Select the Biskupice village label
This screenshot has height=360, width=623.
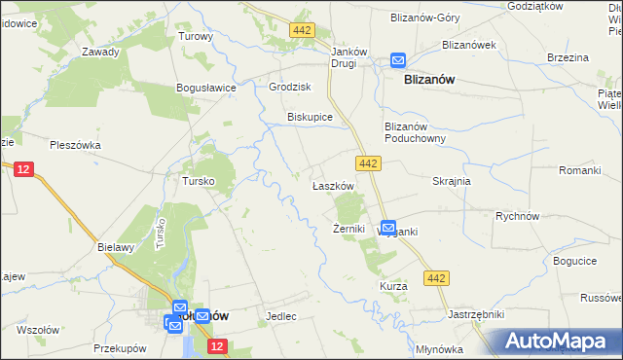(310, 117)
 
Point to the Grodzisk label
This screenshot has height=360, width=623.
(288, 86)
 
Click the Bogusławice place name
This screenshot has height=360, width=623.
(206, 88)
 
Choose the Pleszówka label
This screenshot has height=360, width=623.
(74, 145)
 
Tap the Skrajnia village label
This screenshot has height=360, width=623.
(452, 182)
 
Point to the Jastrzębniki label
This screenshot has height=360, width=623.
(475, 314)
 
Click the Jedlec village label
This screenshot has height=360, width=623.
(280, 316)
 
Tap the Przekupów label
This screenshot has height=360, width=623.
(120, 347)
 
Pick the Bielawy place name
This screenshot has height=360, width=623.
(115, 247)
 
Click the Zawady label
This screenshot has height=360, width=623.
(100, 53)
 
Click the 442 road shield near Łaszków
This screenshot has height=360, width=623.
(367, 164)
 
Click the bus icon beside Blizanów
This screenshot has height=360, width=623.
(398, 59)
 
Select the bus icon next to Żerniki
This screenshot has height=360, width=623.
(387, 228)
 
